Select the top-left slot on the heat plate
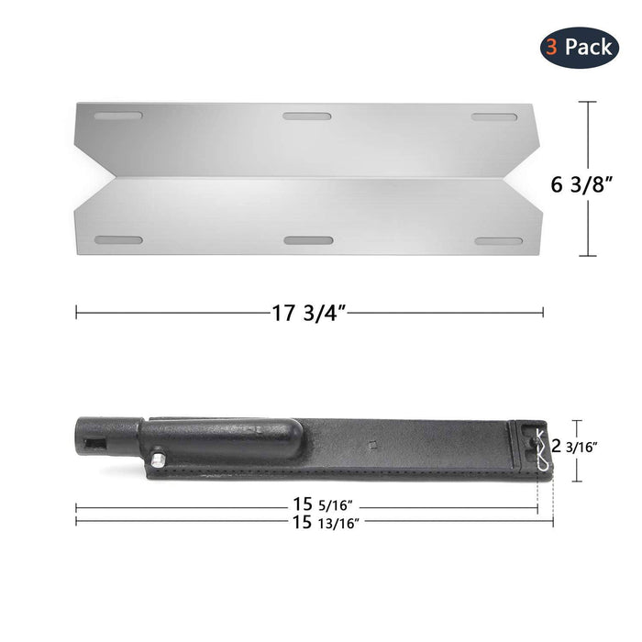(x=119, y=116)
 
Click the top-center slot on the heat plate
(x=306, y=116)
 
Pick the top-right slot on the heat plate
(x=496, y=116)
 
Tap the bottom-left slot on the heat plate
(x=119, y=240)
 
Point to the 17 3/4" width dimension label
(x=308, y=313)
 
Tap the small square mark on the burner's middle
(x=372, y=447)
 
